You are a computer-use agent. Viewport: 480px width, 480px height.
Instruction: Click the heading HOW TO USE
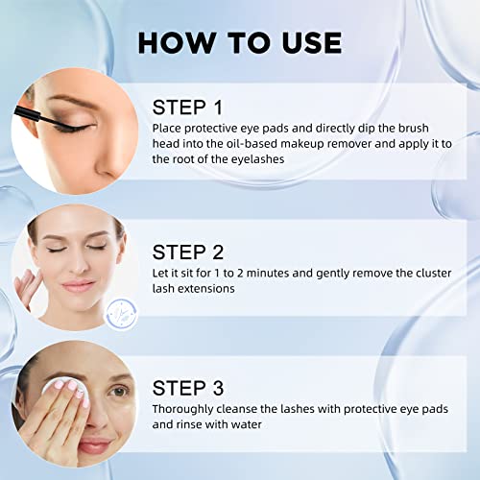coord(239,43)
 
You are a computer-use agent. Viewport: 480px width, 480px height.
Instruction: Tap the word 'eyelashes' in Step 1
coord(250,159)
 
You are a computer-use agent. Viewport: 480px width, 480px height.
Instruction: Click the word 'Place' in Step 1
coord(168,127)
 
